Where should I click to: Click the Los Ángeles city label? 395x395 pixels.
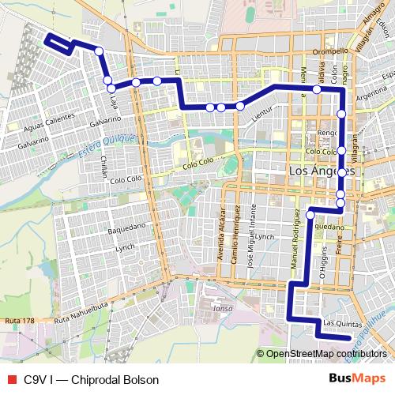(322, 171)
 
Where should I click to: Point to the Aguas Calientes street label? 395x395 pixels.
(49, 116)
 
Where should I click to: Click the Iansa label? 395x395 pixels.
(222, 309)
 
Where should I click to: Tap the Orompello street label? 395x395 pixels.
(329, 51)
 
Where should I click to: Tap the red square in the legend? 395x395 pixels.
(10, 379)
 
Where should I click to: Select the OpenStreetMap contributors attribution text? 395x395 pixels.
(326, 353)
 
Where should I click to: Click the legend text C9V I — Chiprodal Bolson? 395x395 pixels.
(91, 379)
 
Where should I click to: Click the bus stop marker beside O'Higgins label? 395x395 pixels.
(310, 215)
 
